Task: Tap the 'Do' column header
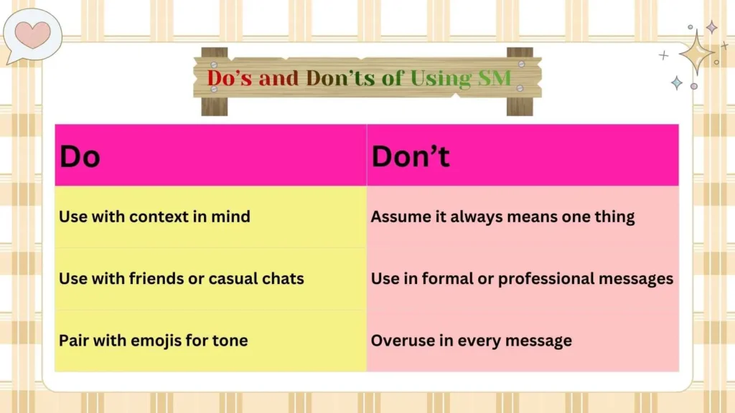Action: (80, 156)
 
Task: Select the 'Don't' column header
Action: (411, 156)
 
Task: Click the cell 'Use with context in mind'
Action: (154, 217)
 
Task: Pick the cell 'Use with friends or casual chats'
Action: (181, 278)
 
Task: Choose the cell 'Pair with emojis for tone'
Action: (153, 340)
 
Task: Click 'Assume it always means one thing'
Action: (502, 217)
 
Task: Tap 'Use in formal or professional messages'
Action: (522, 278)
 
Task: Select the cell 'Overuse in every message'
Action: (471, 340)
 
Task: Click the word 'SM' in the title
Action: (495, 77)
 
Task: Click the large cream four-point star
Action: (696, 52)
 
